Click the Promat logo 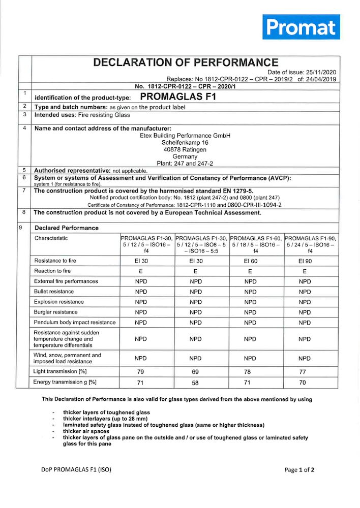tap(301, 27)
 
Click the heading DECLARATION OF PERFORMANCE tap(186, 62)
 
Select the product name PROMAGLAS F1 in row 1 tap(178, 97)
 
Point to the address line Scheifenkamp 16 tap(185, 143)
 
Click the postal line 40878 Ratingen tap(185, 150)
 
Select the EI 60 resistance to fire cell tap(250, 261)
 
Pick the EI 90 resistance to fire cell tap(305, 261)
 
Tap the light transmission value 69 tap(196, 372)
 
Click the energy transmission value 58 tap(196, 382)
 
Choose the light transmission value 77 tap(305, 372)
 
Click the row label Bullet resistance tap(54, 292)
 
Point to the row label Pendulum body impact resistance tap(75, 322)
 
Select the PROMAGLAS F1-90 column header tap(310, 244)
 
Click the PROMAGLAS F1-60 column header tap(256, 244)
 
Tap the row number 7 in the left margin tap(24, 190)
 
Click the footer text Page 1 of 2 tap(299, 470)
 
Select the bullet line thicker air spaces tap(86, 431)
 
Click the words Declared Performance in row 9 tap(67, 228)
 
